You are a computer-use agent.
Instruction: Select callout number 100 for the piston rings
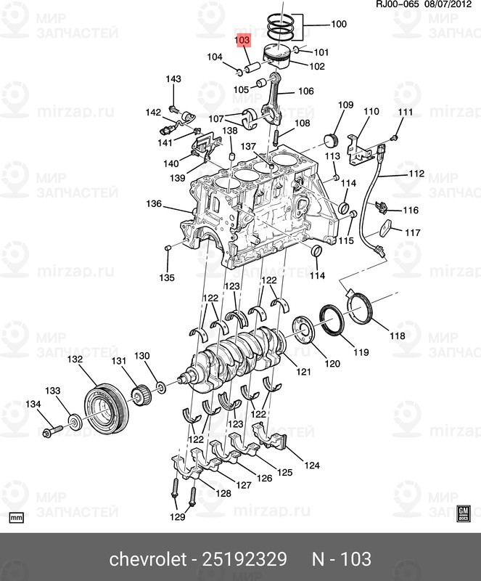339,24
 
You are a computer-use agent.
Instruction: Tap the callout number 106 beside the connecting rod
305,92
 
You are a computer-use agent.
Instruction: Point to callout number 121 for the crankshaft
303,373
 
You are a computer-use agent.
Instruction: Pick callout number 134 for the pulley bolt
34,404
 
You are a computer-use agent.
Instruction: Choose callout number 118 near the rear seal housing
398,336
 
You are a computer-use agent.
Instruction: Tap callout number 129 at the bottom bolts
178,517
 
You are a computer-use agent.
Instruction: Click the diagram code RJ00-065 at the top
377,6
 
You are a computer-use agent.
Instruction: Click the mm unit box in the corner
17,518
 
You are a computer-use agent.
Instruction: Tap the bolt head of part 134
47,434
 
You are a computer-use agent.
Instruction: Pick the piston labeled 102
279,58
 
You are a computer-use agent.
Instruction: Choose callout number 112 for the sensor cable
415,174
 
